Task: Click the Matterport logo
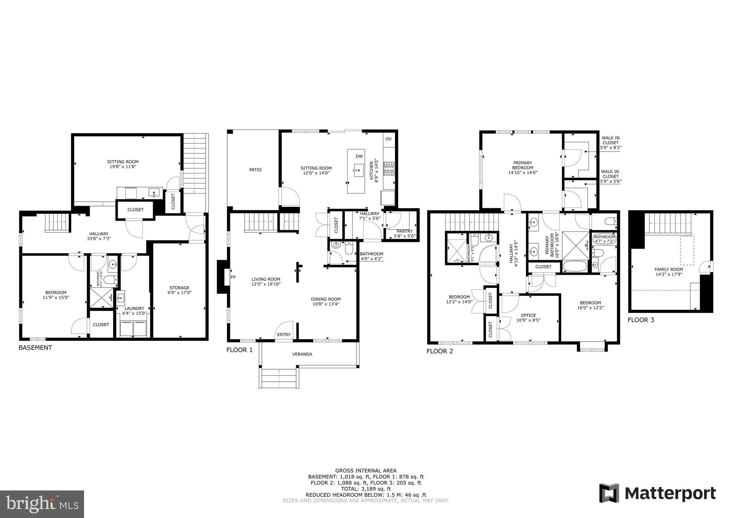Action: pyautogui.click(x=657, y=494)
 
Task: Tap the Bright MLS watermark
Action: pyautogui.click(x=42, y=504)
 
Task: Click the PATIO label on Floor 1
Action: pyautogui.click(x=255, y=170)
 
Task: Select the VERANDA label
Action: pyautogui.click(x=302, y=354)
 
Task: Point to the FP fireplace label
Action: pyautogui.click(x=233, y=277)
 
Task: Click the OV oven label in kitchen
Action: pyautogui.click(x=388, y=139)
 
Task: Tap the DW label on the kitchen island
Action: pyautogui.click(x=359, y=156)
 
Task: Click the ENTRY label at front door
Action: pyautogui.click(x=284, y=334)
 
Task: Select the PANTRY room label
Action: pyautogui.click(x=404, y=231)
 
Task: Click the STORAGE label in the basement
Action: pyautogui.click(x=179, y=288)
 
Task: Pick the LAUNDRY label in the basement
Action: pyautogui.click(x=134, y=308)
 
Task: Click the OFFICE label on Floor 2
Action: pyautogui.click(x=528, y=315)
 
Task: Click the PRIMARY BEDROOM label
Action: pyautogui.click(x=522, y=165)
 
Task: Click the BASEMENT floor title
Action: pyautogui.click(x=35, y=347)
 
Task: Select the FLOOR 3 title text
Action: pyautogui.click(x=640, y=320)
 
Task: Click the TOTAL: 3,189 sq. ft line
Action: pyautogui.click(x=366, y=489)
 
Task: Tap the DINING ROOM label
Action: pyautogui.click(x=325, y=299)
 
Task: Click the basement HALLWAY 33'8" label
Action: pyautogui.click(x=99, y=234)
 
